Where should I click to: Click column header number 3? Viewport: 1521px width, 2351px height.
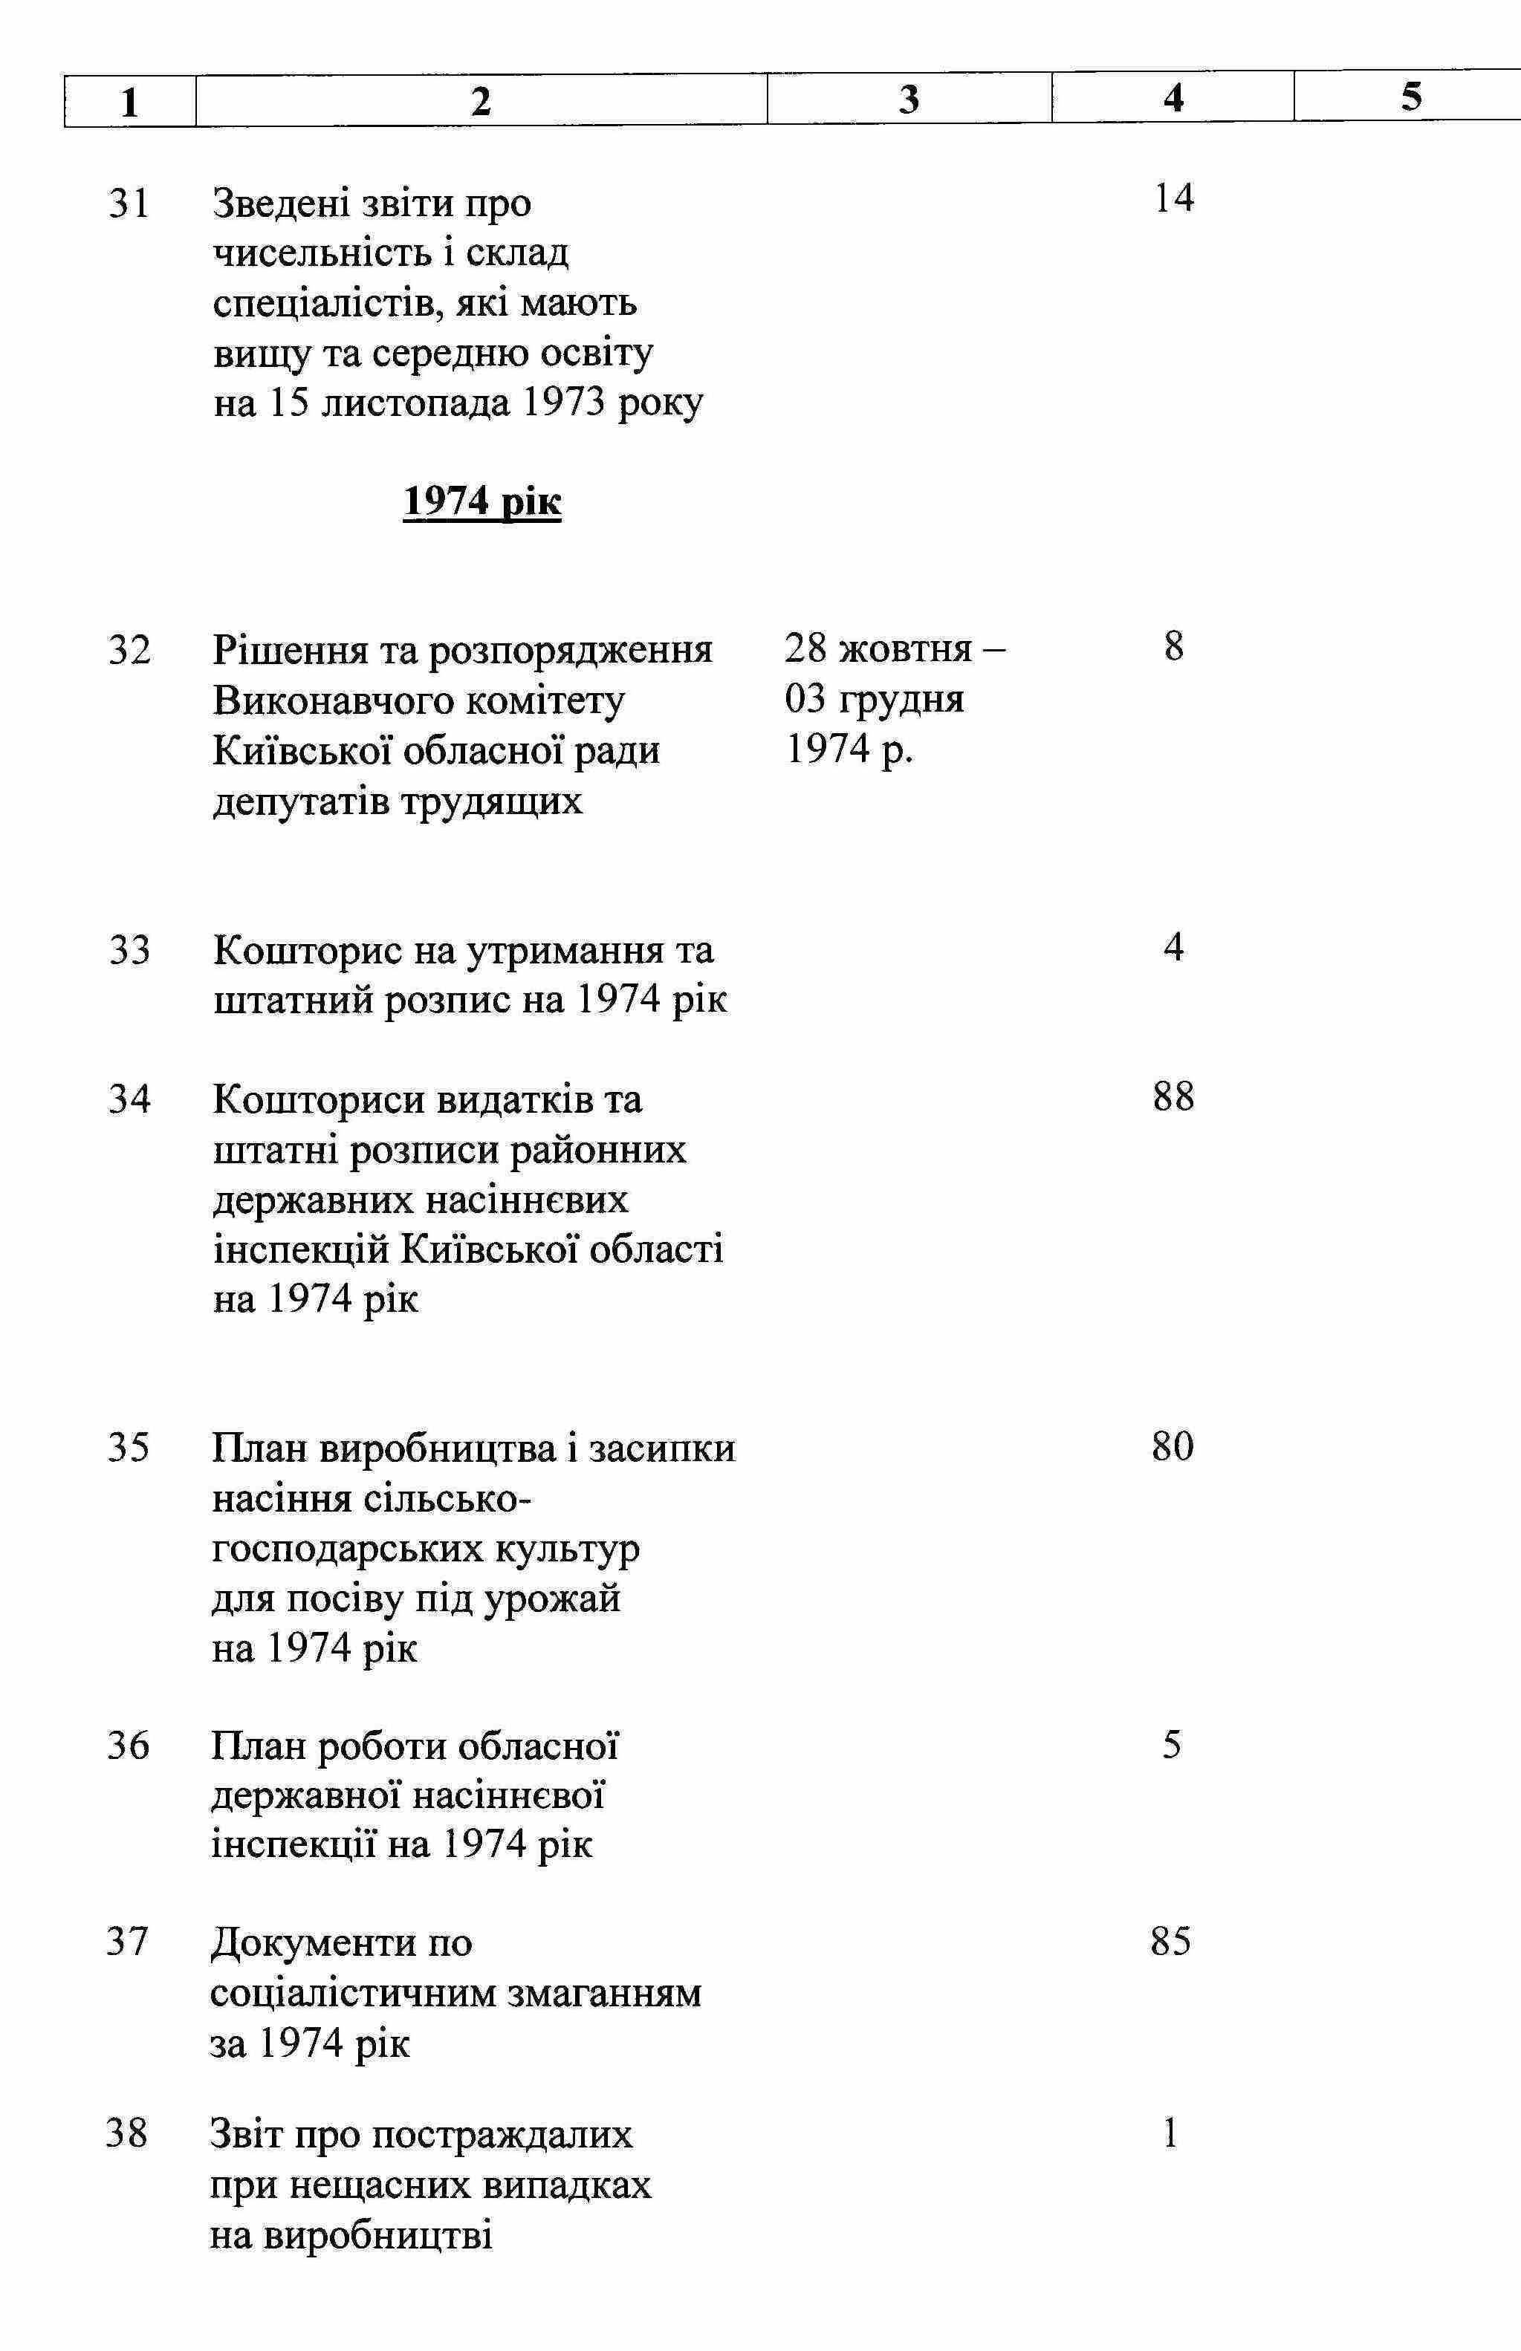point(909,100)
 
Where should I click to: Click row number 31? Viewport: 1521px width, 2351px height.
point(129,204)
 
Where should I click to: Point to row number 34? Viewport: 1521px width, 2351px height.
point(129,1098)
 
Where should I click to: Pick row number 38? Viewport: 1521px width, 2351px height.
point(127,2134)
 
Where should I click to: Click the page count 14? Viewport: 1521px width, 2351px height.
point(1173,198)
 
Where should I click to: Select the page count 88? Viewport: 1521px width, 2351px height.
point(1173,1096)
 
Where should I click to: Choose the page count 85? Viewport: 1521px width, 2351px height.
point(1170,1941)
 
